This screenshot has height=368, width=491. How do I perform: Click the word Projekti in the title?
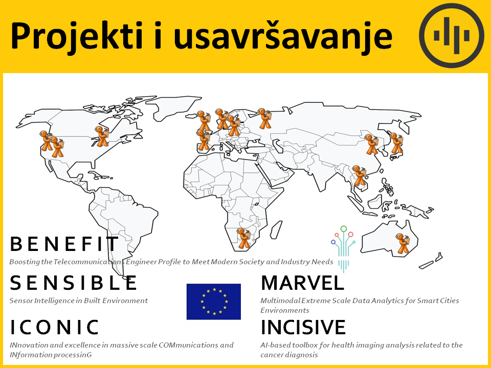(x=76, y=36)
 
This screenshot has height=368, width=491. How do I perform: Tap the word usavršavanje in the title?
(x=283, y=36)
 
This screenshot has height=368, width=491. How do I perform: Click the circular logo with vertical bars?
(x=452, y=35)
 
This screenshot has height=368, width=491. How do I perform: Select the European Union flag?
(x=214, y=302)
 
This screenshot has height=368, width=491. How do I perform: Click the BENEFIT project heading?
(x=64, y=244)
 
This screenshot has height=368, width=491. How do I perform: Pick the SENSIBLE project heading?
(x=74, y=283)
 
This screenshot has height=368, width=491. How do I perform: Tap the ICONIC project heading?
(x=55, y=327)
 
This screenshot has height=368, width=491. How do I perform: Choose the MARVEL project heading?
(x=302, y=283)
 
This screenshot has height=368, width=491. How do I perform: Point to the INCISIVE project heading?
(x=303, y=327)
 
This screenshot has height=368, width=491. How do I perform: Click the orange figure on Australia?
(x=403, y=243)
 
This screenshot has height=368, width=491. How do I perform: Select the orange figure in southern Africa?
(x=243, y=238)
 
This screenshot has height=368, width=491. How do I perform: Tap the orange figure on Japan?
(x=396, y=143)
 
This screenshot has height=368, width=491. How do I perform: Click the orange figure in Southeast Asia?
(x=359, y=175)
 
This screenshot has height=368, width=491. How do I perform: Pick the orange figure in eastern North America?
(x=101, y=136)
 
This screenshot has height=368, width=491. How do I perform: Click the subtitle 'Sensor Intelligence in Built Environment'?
(x=79, y=301)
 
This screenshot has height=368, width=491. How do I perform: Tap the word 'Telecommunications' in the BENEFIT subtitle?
(x=89, y=262)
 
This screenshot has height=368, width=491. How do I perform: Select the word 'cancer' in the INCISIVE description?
(x=272, y=355)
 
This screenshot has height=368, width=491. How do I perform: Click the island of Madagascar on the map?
(x=276, y=229)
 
